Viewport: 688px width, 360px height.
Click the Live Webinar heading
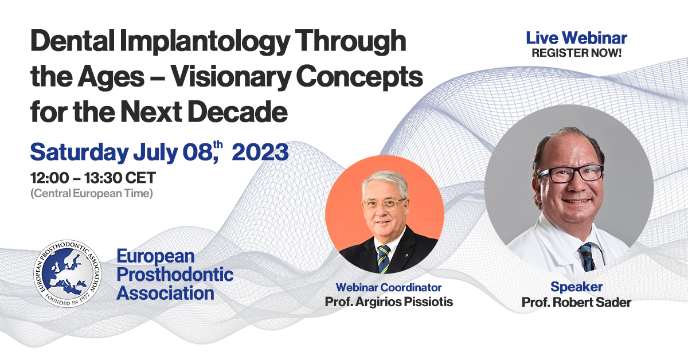[576, 38]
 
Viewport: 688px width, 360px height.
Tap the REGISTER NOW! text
[576, 53]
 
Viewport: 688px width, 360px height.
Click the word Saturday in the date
[79, 152]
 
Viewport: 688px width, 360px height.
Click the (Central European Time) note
[91, 194]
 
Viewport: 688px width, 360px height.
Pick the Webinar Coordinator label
[388, 287]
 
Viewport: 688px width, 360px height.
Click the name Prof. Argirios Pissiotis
[388, 301]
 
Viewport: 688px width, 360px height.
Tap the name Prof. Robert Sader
[576, 302]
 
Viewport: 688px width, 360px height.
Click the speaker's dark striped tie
[586, 255]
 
